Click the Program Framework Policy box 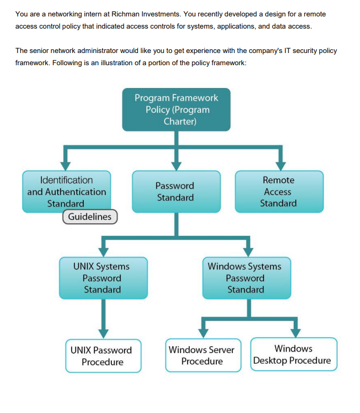coord(176,110)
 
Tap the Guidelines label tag coord(90,217)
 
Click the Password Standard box coord(175,191)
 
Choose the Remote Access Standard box coord(278,191)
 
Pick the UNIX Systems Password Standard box coord(102,278)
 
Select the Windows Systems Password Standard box coord(245,278)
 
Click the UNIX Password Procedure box coord(103,356)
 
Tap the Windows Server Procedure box coord(202,355)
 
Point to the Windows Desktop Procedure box coord(293,354)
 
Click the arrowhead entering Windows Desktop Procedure coord(295,332)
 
